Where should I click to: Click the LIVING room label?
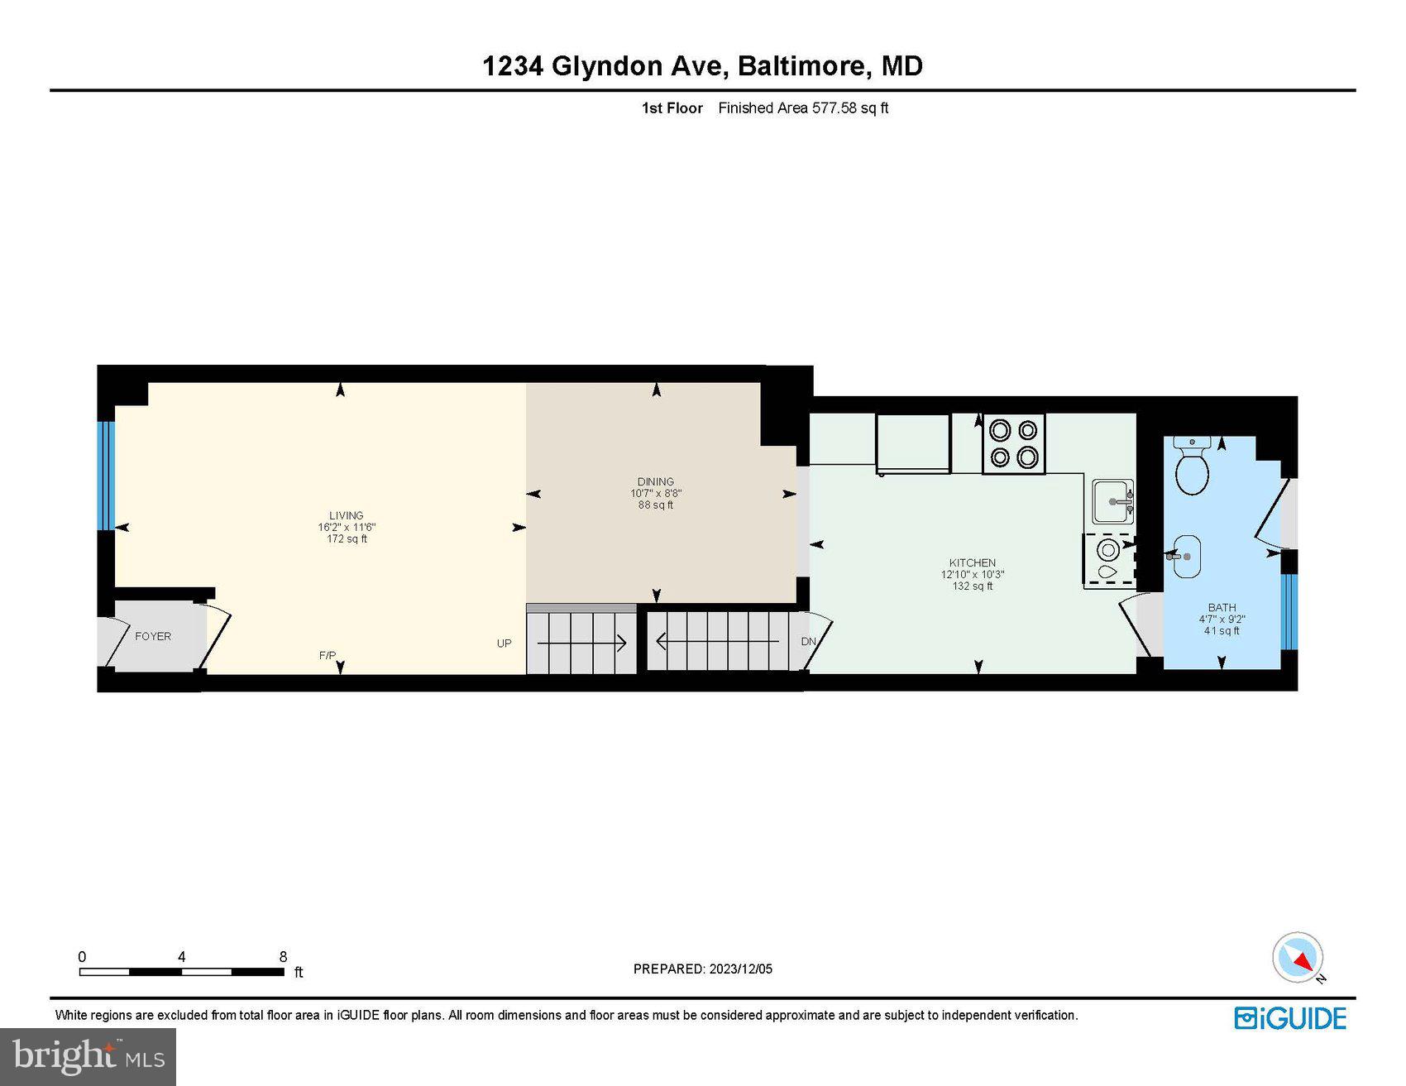pyautogui.click(x=346, y=515)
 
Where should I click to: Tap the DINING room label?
pyautogui.click(x=655, y=481)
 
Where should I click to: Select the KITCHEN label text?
pyautogui.click(x=972, y=562)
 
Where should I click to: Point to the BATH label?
pyautogui.click(x=1222, y=607)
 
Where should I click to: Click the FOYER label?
pyautogui.click(x=153, y=636)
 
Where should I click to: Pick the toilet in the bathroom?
pyautogui.click(x=1192, y=466)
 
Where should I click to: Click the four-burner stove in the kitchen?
pyautogui.click(x=1013, y=444)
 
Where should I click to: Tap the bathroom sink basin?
pyautogui.click(x=1188, y=556)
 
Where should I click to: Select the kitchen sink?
pyautogui.click(x=1112, y=501)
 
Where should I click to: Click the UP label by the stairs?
pyautogui.click(x=504, y=643)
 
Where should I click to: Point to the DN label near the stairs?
pyautogui.click(x=808, y=642)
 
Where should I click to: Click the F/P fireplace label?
pyautogui.click(x=328, y=656)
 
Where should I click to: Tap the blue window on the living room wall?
pyautogui.click(x=106, y=476)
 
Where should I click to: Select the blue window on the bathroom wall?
pyautogui.click(x=1289, y=611)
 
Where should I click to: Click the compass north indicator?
pyautogui.click(x=1298, y=958)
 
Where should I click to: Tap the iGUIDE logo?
pyautogui.click(x=1290, y=1018)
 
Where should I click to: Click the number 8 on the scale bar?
pyautogui.click(x=283, y=957)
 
